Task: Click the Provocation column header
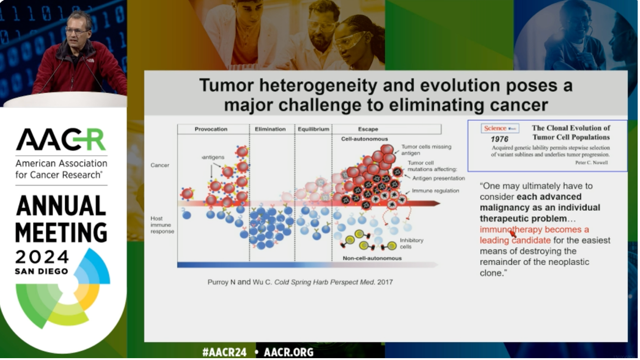pyautogui.click(x=211, y=129)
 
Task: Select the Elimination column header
pyautogui.click(x=270, y=129)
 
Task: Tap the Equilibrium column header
pyautogui.click(x=314, y=129)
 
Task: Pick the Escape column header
pyautogui.click(x=368, y=129)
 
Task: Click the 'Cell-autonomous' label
pyautogui.click(x=364, y=139)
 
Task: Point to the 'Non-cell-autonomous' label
pyautogui.click(x=372, y=258)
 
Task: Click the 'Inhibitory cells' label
pyautogui.click(x=412, y=244)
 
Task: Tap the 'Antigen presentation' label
pyautogui.click(x=438, y=178)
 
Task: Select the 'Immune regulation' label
pyautogui.click(x=436, y=191)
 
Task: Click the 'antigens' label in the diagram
pyautogui.click(x=213, y=157)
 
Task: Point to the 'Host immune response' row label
pyautogui.click(x=162, y=225)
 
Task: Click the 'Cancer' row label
pyautogui.click(x=160, y=165)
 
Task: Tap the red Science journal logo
pyautogui.click(x=500, y=128)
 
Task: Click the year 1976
pyautogui.click(x=499, y=139)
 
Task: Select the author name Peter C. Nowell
pyautogui.click(x=591, y=163)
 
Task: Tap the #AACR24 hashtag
pyautogui.click(x=224, y=352)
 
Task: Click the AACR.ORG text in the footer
pyautogui.click(x=289, y=352)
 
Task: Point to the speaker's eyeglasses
pyautogui.click(x=76, y=31)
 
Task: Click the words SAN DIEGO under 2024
pyautogui.click(x=42, y=271)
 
